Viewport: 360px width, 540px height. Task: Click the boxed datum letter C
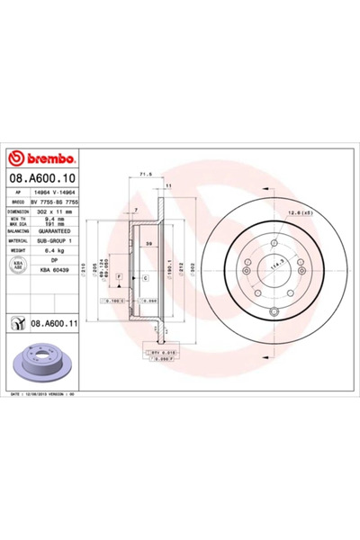point(145,278)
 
